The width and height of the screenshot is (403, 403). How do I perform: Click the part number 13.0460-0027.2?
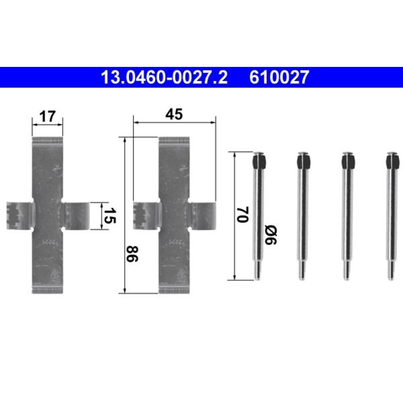164,77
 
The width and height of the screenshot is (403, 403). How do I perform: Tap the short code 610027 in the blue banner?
279,77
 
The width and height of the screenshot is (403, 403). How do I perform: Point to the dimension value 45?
174,114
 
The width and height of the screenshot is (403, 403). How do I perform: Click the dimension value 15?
110,216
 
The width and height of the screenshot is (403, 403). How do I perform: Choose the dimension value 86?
132,253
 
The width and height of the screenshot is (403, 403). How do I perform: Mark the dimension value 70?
243,214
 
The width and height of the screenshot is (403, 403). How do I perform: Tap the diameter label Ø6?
271,235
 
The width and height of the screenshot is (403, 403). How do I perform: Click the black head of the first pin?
259,162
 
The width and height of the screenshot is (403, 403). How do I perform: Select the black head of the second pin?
303,162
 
